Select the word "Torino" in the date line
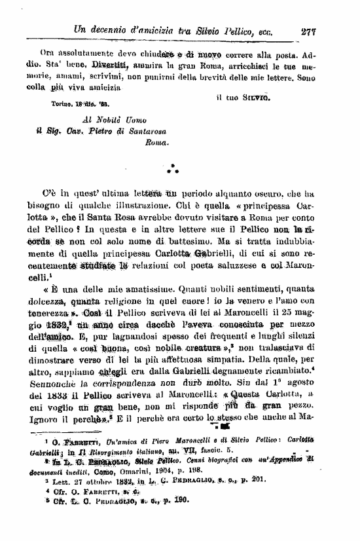(x=63, y=103)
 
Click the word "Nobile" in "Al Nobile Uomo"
(x=107, y=121)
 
